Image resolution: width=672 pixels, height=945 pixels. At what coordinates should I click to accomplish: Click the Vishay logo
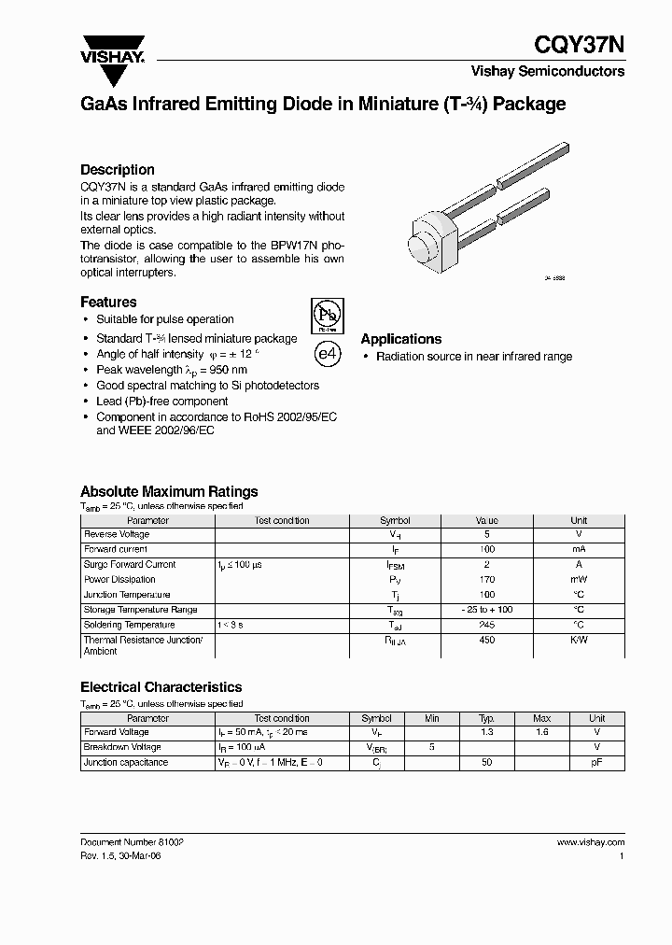tap(111, 48)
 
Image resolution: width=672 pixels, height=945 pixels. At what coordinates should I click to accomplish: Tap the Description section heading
tap(118, 170)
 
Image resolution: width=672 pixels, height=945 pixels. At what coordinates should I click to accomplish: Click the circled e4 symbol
tap(324, 355)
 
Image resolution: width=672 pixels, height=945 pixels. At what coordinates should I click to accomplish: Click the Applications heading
tap(401, 339)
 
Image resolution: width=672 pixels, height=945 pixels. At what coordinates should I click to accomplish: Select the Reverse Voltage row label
tap(117, 534)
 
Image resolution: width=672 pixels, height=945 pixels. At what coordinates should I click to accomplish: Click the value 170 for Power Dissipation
tap(487, 579)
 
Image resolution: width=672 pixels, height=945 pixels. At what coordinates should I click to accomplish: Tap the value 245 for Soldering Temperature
tap(487, 625)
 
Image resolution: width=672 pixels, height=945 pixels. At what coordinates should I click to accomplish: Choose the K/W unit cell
tap(579, 640)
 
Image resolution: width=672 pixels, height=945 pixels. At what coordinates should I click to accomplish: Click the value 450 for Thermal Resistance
tap(487, 640)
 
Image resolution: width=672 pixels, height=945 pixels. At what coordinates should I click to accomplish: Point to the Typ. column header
tap(487, 718)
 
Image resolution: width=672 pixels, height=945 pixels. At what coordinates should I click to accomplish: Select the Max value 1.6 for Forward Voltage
tap(542, 733)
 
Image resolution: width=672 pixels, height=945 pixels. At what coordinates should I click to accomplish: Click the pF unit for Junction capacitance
tap(597, 763)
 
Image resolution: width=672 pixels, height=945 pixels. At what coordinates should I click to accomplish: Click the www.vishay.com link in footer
tap(590, 841)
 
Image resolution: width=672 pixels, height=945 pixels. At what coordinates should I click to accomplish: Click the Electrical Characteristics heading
tap(161, 687)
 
